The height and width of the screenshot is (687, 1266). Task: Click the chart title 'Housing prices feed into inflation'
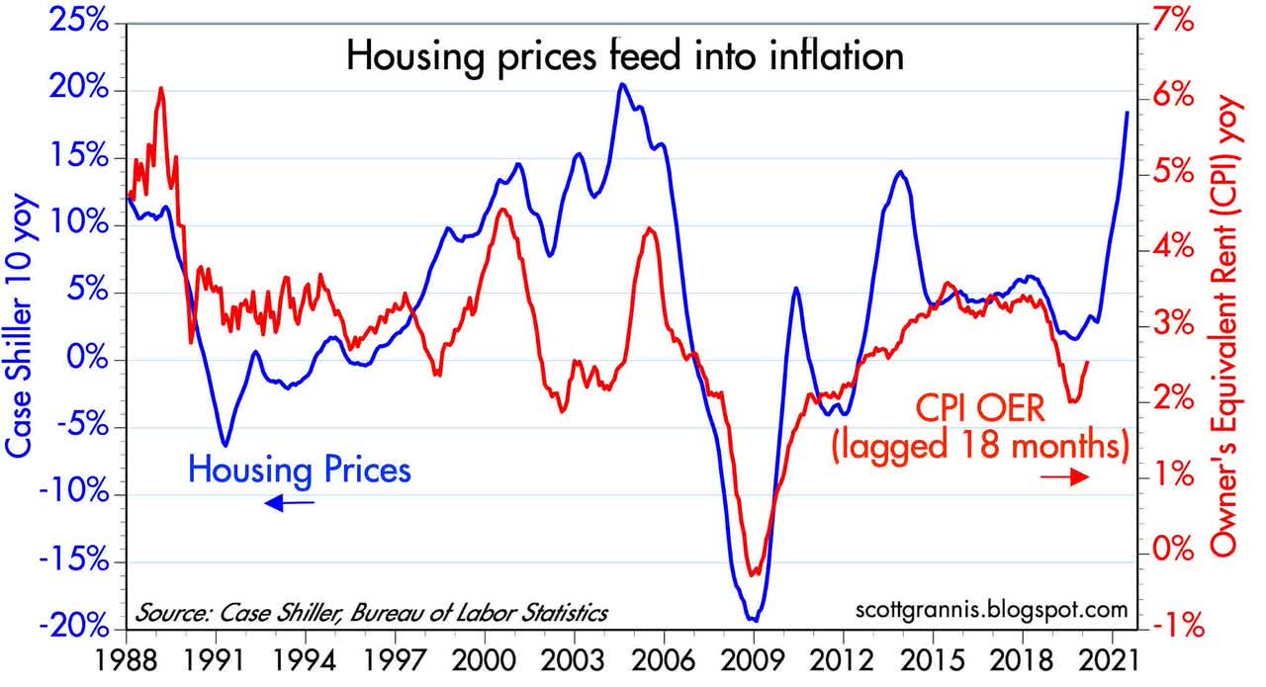[625, 56]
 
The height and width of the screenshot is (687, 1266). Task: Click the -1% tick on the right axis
[1179, 628]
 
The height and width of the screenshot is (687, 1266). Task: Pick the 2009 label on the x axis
[753, 660]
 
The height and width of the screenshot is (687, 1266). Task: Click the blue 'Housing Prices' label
[299, 469]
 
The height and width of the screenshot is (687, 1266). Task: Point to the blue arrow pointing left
[289, 504]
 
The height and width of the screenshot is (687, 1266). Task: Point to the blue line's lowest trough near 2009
[754, 620]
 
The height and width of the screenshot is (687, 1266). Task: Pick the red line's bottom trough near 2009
[754, 573]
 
